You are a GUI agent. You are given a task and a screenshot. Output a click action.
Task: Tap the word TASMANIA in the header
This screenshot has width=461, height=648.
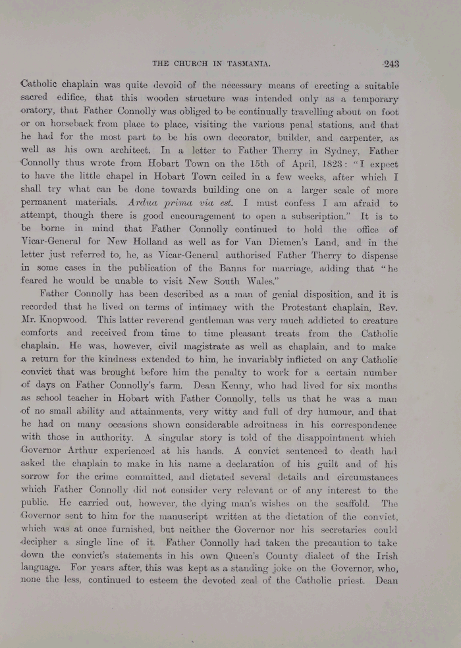click(246, 64)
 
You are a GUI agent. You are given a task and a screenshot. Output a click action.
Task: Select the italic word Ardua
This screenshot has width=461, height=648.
click(144, 204)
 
